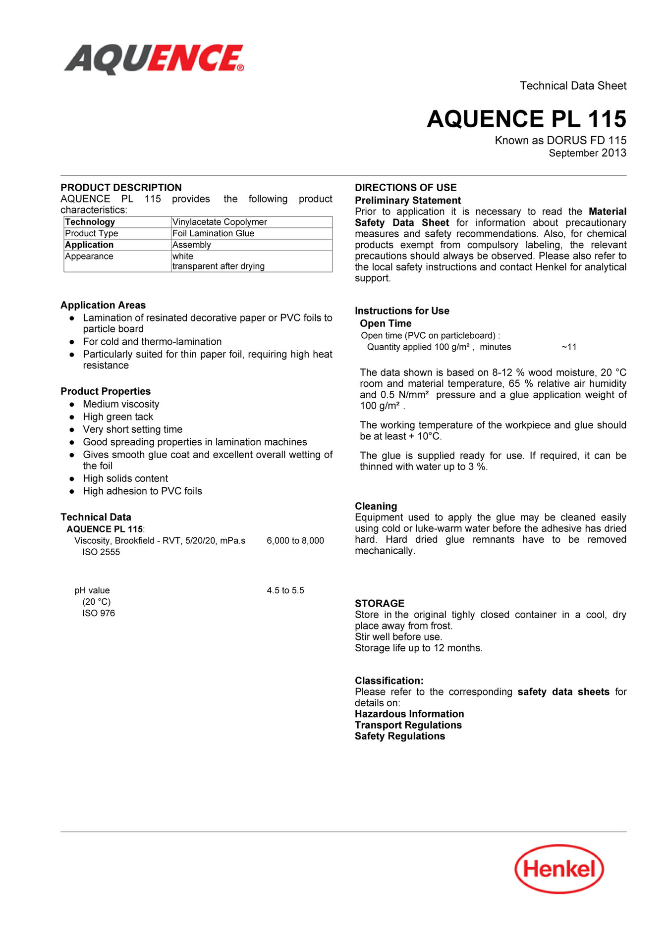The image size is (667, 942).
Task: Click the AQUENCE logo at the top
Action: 154,59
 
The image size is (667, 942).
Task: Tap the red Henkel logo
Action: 559,869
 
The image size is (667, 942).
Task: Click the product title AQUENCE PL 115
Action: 526,119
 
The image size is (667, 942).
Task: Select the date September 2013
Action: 587,153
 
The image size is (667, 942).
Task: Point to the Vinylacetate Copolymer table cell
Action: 220,222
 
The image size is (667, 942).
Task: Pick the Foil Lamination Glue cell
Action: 213,233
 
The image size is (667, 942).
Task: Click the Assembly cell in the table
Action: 192,245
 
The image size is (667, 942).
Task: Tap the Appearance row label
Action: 89,256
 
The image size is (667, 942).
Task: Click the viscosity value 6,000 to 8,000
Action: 295,540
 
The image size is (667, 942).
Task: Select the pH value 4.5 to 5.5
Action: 285,590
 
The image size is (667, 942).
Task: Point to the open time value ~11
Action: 569,347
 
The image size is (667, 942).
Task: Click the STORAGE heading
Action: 380,603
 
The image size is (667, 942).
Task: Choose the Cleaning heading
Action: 376,506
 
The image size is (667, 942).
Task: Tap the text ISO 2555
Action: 101,552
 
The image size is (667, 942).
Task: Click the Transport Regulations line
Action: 408,725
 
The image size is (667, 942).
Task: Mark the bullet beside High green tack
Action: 72,417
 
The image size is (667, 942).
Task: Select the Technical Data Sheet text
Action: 573,86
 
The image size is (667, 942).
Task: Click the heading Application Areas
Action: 103,305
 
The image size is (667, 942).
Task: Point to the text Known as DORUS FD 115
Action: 560,140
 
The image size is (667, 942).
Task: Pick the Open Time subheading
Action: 386,323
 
